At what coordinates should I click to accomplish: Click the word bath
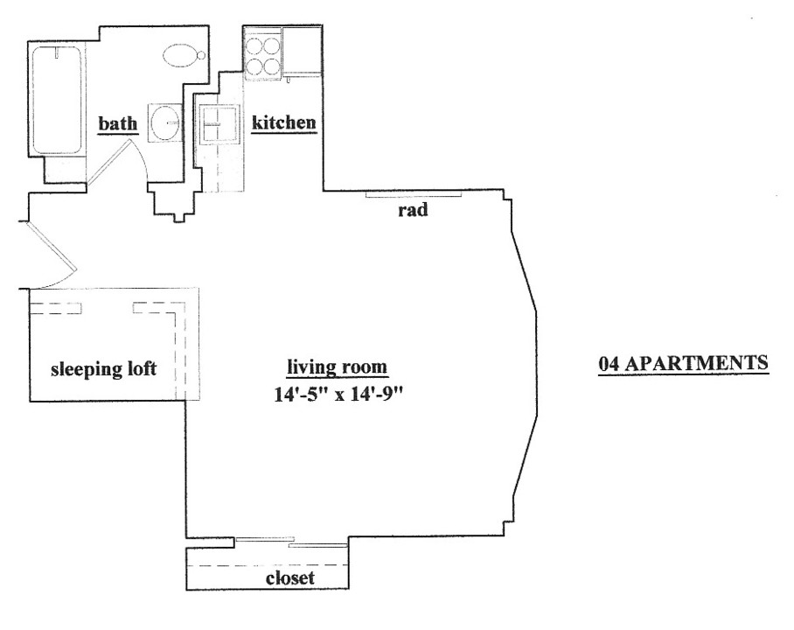click(117, 123)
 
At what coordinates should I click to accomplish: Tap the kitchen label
click(283, 122)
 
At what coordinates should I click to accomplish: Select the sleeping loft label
click(103, 369)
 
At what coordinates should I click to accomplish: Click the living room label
click(337, 367)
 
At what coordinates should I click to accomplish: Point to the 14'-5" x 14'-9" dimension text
click(338, 394)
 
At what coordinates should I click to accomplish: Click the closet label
click(290, 577)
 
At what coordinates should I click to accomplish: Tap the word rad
click(413, 209)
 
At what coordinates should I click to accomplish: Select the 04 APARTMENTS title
click(683, 363)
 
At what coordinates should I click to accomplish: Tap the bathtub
click(56, 101)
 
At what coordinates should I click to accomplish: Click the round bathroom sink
click(164, 122)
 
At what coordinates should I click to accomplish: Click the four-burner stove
click(262, 55)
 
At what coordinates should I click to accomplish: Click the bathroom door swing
click(117, 163)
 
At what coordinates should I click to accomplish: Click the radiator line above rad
click(414, 194)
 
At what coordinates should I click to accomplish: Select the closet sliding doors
click(292, 542)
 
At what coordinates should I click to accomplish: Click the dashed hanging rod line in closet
click(268, 565)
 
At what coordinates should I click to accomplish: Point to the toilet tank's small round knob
click(201, 55)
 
